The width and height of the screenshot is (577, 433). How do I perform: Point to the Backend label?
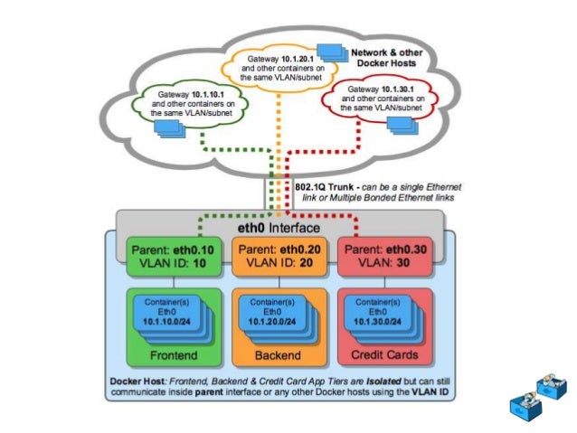[x=278, y=352]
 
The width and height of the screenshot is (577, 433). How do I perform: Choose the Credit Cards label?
[x=381, y=352]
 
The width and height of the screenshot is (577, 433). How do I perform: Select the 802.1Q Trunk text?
[x=325, y=184]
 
